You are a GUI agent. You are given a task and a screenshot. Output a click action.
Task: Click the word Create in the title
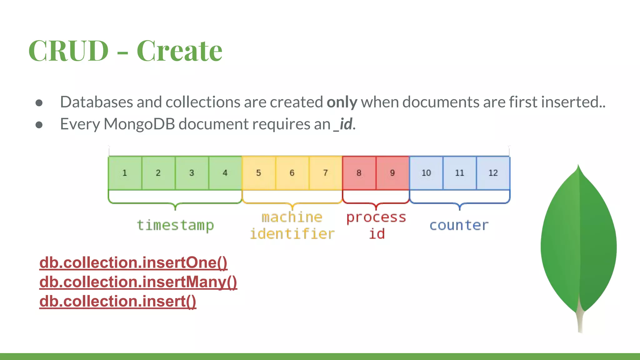(x=179, y=51)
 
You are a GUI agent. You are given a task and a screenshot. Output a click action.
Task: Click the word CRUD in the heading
(x=68, y=51)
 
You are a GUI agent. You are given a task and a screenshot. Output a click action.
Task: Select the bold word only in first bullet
(x=342, y=102)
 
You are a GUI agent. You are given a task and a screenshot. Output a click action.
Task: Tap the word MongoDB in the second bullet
(x=139, y=124)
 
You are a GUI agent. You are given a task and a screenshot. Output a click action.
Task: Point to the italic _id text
(x=343, y=124)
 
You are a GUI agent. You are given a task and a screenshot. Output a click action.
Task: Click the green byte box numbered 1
(x=125, y=173)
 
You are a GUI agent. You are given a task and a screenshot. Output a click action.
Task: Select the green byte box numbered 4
(x=225, y=173)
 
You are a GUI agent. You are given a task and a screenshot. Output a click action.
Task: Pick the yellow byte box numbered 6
(x=292, y=173)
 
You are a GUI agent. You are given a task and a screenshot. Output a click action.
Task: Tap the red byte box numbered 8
(x=359, y=173)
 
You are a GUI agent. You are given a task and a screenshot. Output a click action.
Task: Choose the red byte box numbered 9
(x=392, y=173)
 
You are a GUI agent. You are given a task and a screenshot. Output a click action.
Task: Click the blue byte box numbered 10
(x=426, y=173)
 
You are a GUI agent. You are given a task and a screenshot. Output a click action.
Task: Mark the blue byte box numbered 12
(x=493, y=173)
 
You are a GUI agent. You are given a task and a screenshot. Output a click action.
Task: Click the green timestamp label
(x=175, y=225)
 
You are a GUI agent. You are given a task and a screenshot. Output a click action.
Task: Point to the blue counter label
(x=459, y=225)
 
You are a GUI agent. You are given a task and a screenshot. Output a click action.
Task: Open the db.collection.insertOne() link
(x=133, y=262)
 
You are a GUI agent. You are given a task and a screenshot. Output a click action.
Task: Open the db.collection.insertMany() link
(x=138, y=282)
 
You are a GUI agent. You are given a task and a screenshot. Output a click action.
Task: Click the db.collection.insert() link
(x=117, y=301)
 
